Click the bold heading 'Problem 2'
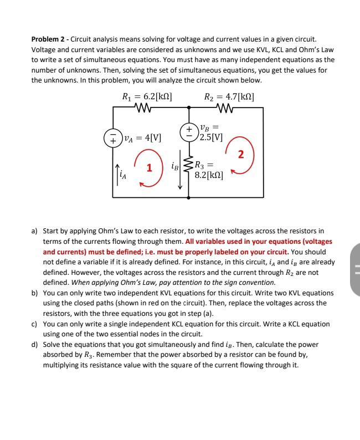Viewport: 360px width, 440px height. (49, 39)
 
